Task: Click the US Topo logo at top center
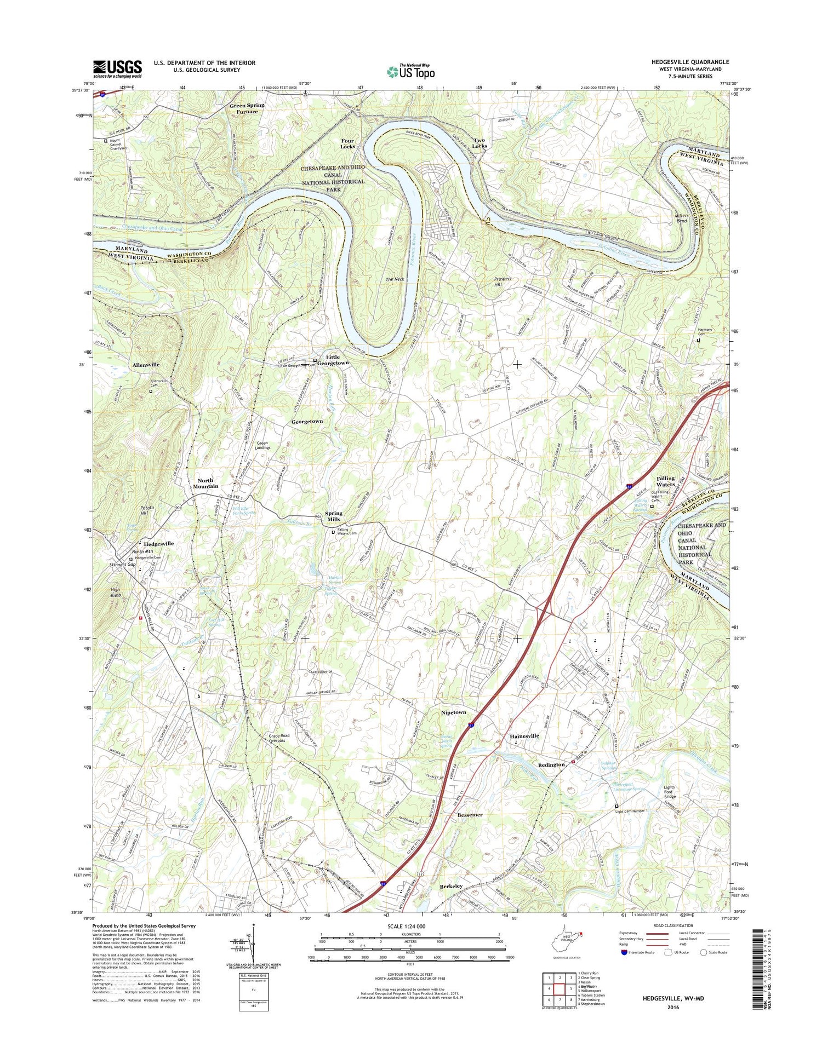point(411,71)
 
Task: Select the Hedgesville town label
point(159,544)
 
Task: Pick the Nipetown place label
point(453,712)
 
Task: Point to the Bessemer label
point(470,815)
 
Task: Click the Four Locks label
point(347,143)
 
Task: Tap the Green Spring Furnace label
point(247,108)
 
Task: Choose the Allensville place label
point(146,364)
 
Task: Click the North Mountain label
point(205,483)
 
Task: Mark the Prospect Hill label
point(503,281)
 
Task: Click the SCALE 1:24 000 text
point(409,927)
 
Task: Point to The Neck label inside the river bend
point(395,279)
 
